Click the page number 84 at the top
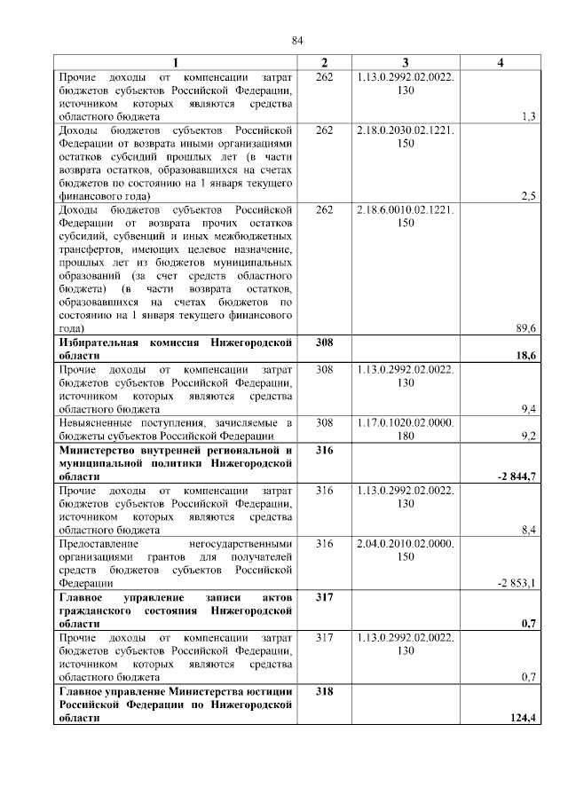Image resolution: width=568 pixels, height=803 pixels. pos(297,40)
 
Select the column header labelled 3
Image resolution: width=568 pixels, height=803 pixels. pos(405,62)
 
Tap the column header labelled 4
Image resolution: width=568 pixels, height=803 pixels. pos(501,62)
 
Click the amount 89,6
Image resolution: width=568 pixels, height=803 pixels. pos(525,328)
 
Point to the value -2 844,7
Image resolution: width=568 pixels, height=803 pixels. pos(518,476)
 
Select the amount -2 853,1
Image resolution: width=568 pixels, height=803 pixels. pos(518,583)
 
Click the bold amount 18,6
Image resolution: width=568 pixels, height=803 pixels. pos(526,355)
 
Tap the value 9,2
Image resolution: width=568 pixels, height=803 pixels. pos(527,436)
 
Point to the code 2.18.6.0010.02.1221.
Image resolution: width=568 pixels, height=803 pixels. pos(405,209)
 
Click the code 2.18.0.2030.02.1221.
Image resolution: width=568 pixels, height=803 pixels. pos(405,130)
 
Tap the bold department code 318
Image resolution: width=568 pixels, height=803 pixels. pos(324,691)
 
